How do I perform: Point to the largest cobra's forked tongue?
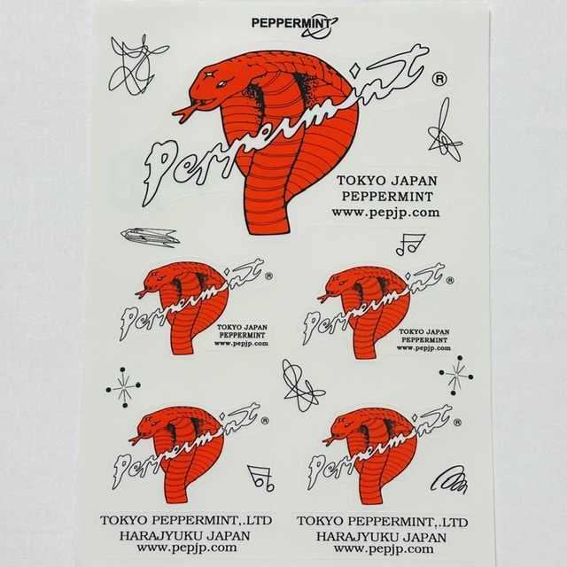tap(185, 111)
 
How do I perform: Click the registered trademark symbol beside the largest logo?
tap(439, 79)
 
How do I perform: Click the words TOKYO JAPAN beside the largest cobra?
tap(387, 181)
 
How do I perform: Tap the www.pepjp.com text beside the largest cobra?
tap(386, 213)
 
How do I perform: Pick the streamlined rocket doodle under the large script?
tap(150, 237)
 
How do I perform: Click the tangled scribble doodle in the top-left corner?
tap(136, 65)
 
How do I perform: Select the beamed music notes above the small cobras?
tap(410, 245)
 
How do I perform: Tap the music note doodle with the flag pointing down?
tap(261, 478)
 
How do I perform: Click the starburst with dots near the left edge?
tap(123, 388)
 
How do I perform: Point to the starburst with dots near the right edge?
tap(456, 376)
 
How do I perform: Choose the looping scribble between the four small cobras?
tap(301, 385)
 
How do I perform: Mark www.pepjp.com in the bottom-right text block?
tap(384, 549)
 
